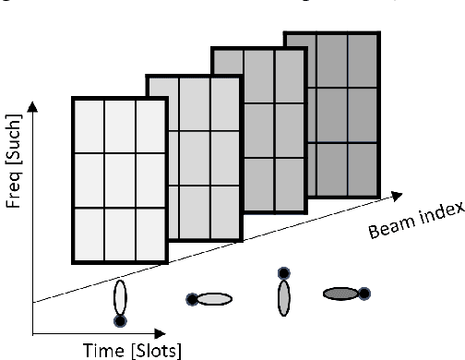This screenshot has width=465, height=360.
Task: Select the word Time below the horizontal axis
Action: tap(92, 349)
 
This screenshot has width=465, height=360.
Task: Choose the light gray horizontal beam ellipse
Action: tap(213, 298)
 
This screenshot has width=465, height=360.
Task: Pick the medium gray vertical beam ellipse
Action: tap(284, 298)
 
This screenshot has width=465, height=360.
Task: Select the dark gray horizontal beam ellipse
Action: tap(340, 294)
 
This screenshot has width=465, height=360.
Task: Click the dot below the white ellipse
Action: tap(119, 320)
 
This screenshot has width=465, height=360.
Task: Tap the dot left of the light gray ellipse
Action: tap(191, 298)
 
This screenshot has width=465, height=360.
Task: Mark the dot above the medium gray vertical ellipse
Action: tap(284, 273)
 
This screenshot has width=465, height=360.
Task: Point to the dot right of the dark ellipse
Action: tap(364, 294)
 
